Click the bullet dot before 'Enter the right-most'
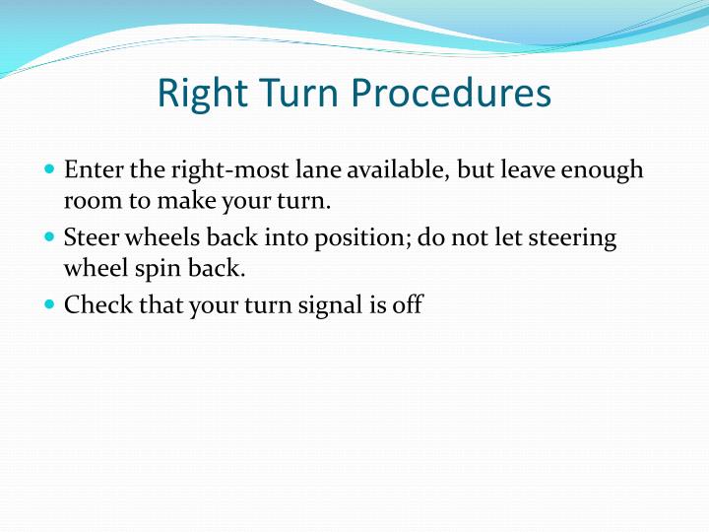point(50,169)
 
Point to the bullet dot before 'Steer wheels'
point(50,237)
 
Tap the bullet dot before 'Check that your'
point(50,304)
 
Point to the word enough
point(602,170)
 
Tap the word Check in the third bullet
point(97,304)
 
